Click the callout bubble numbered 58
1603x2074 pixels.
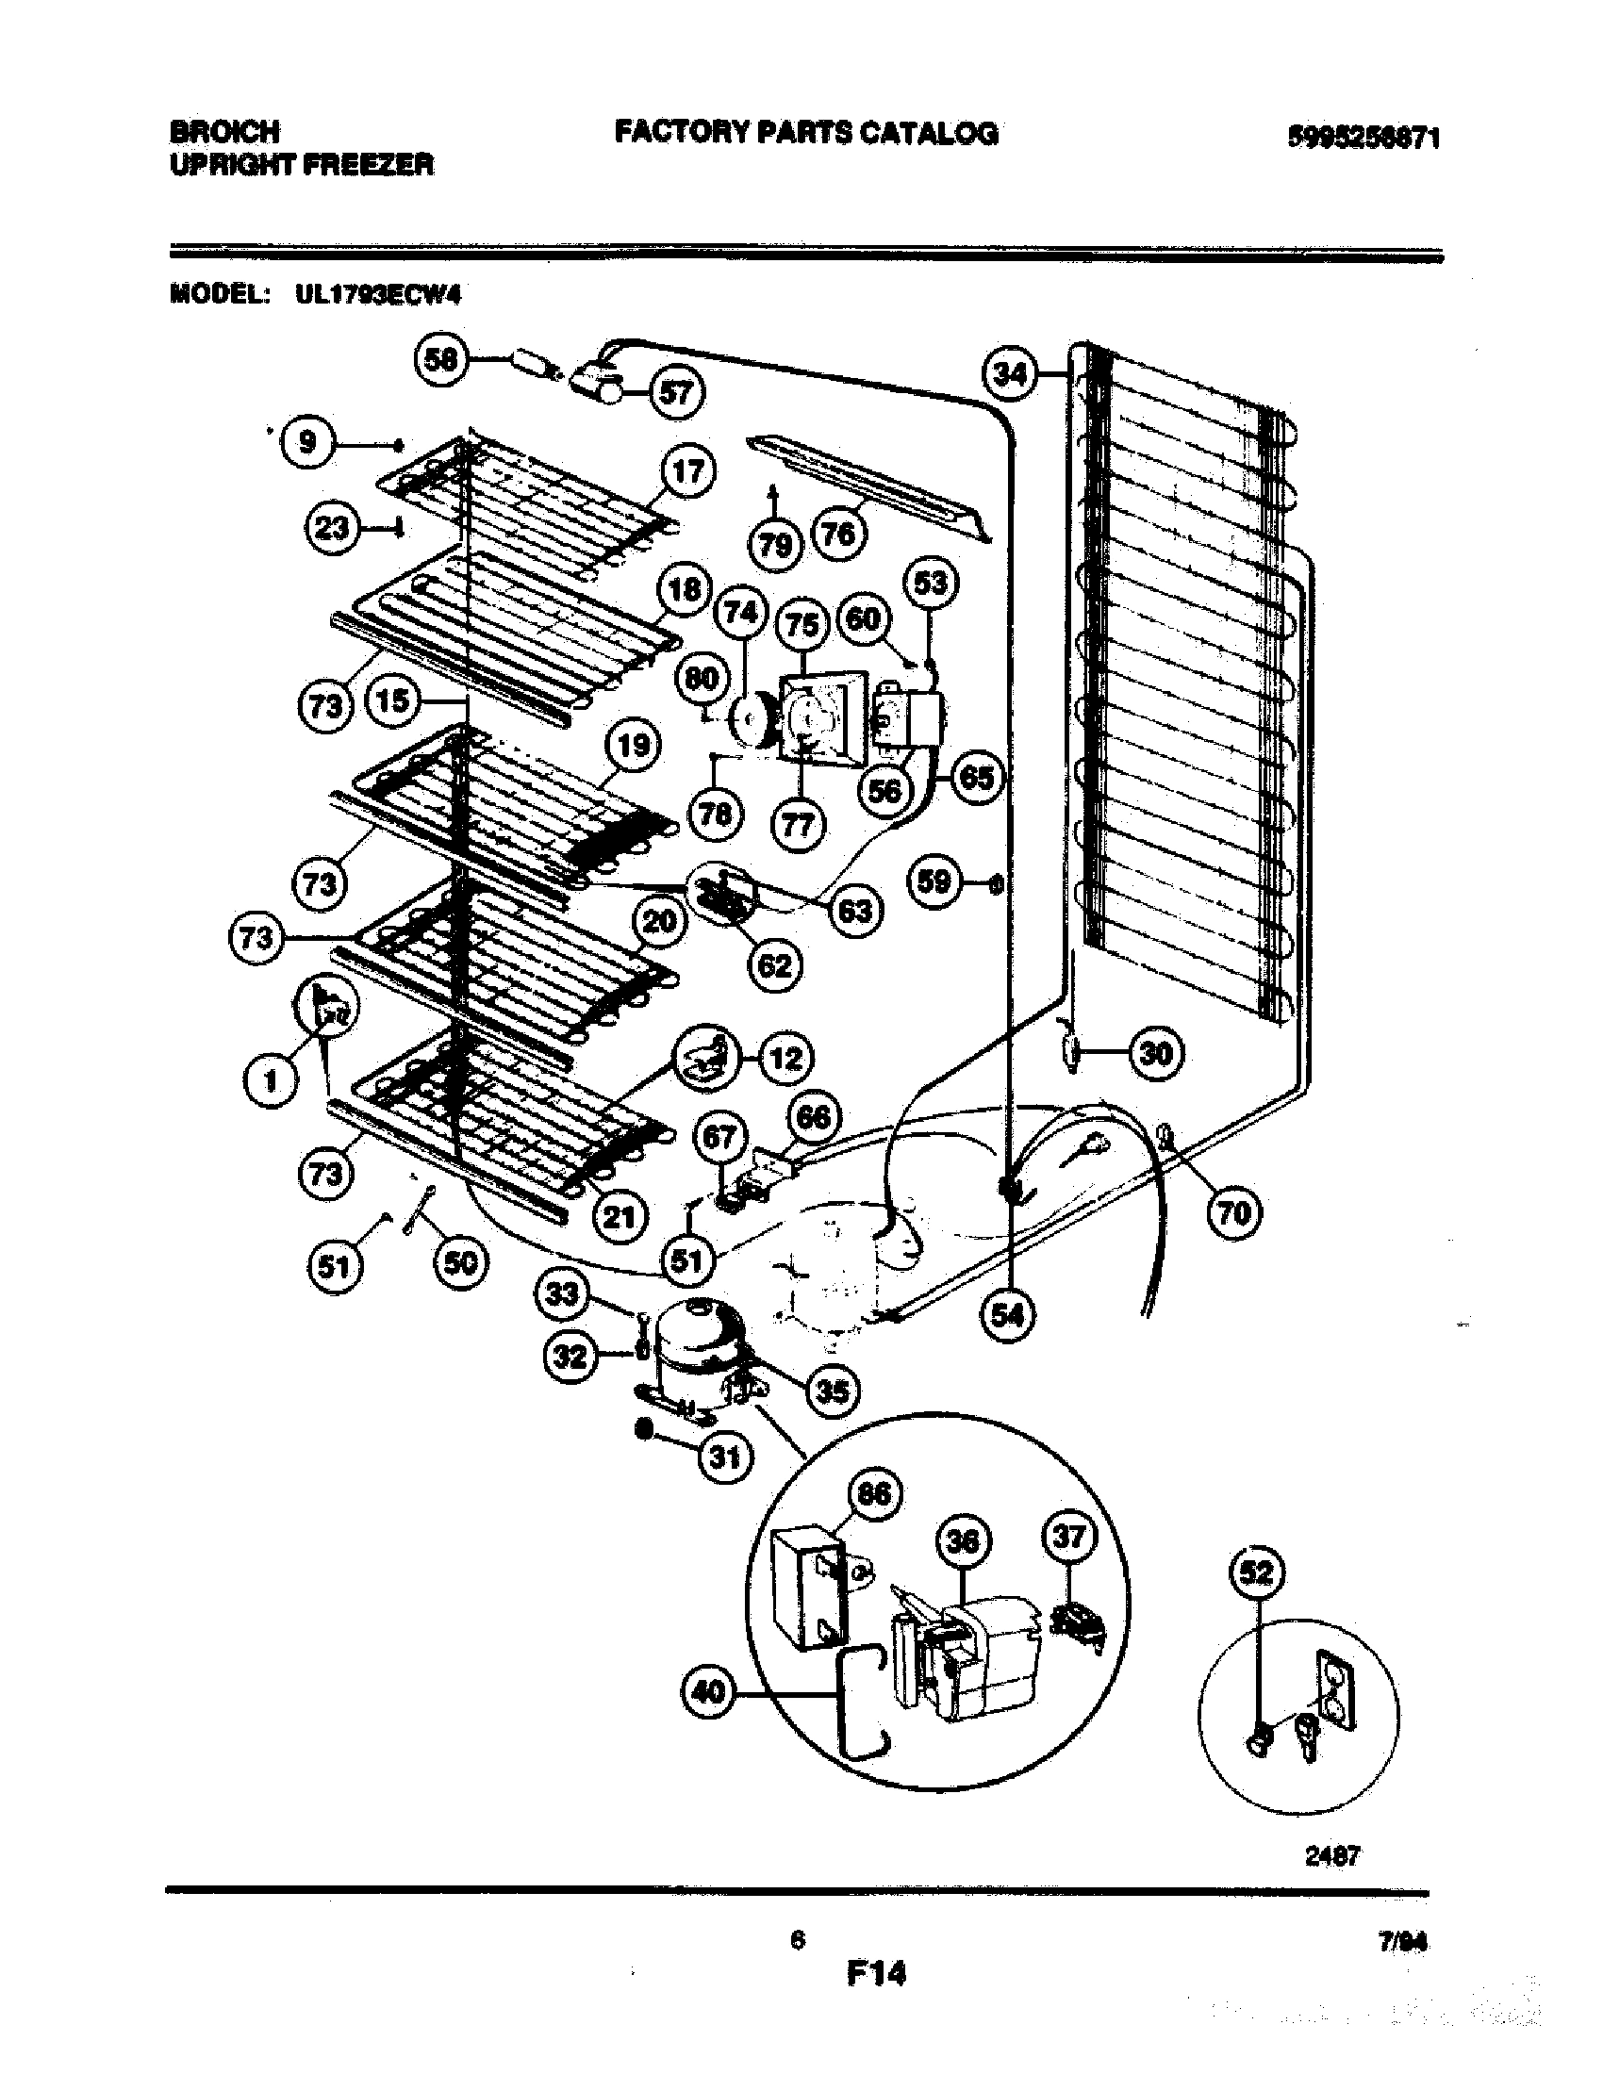coord(440,360)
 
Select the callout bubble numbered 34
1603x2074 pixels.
coord(1011,375)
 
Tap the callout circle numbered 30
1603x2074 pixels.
coord(1156,1052)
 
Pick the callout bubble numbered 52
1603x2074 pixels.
coord(1256,1573)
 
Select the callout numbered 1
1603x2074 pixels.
coord(271,1079)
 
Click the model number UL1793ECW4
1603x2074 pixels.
coord(378,295)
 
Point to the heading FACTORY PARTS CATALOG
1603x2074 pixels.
coord(806,133)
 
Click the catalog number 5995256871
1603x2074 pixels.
coord(1363,139)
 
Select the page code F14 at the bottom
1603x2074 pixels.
coord(876,1974)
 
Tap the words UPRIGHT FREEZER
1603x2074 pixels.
coord(302,165)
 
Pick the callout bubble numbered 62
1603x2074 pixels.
coord(775,965)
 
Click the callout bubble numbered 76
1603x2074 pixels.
coord(837,535)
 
